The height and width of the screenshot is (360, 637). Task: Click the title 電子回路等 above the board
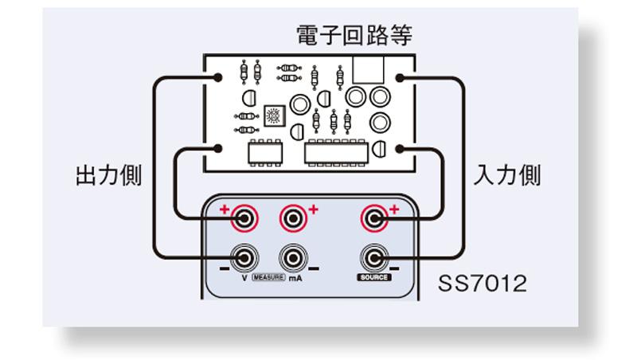click(354, 35)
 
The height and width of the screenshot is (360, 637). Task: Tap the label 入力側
click(507, 175)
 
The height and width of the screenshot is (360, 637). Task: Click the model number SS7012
click(482, 284)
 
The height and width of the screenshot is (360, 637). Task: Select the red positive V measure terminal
click(244, 217)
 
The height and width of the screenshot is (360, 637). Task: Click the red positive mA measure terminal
click(293, 217)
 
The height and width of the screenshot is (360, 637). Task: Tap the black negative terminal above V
click(244, 258)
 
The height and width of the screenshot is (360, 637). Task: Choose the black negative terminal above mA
click(293, 258)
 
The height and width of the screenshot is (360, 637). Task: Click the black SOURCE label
click(373, 277)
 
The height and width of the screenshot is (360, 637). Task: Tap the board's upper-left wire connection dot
click(217, 77)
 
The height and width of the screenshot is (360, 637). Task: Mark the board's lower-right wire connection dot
click(400, 148)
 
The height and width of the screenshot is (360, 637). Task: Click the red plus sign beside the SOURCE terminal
click(393, 209)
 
